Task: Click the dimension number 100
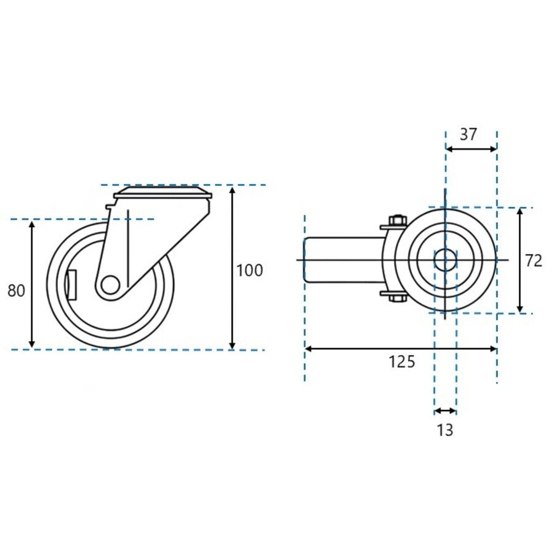pos(249,270)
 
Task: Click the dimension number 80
pos(17,291)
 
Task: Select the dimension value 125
pos(401,362)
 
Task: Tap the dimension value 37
pos(468,135)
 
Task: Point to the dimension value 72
pos(534,260)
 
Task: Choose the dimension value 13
pos(444,430)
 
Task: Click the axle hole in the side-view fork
pos(110,284)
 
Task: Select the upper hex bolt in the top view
pos(396,220)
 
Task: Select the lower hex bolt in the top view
pos(396,299)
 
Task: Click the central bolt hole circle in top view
pos(445,260)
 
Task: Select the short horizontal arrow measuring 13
pos(445,411)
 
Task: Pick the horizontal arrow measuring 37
pos(471,148)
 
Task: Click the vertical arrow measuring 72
pos(520,289)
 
